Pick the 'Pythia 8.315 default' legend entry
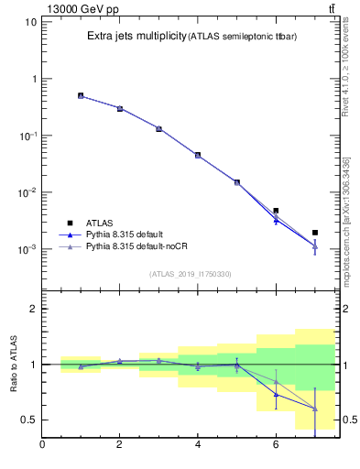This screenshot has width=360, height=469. tap(127, 234)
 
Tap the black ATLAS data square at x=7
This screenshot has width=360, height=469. tap(315, 233)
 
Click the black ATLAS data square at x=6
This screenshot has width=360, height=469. tap(276, 211)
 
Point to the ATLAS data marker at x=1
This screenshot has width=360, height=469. tap(81, 95)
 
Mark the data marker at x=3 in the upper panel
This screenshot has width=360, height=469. tap(158, 128)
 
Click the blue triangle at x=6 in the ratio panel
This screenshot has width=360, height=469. tap(276, 395)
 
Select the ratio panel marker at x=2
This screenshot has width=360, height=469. tap(119, 361)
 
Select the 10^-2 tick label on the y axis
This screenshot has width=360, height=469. tap(27, 192)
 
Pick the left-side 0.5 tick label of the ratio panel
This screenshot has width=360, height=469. tap(28, 420)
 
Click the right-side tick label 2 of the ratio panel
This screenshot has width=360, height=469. tap(347, 309)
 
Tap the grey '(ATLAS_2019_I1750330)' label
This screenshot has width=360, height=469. tap(191, 273)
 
